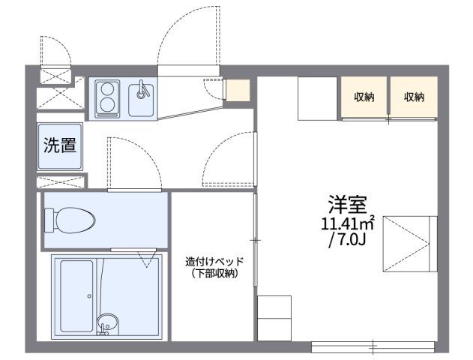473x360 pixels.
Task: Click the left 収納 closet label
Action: pos(364,97)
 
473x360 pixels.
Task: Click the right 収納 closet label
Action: pos(415,97)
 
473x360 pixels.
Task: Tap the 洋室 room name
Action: pos(348,204)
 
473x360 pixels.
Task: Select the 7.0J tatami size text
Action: pos(348,240)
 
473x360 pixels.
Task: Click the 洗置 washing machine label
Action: pos(60,145)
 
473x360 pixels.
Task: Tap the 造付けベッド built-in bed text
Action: pos(214,261)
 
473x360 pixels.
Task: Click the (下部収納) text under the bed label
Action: pos(214,273)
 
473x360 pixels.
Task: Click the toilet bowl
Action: pos(74,220)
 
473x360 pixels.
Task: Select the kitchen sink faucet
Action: pos(142,89)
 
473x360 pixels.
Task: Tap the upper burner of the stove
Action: pos(106,89)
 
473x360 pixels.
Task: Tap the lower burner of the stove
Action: pos(106,105)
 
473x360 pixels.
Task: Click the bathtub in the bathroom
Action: pos(76,296)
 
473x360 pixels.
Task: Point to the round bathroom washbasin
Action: pos(107,323)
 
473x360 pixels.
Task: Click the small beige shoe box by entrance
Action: pos(238,90)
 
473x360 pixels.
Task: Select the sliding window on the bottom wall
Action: pos(373,347)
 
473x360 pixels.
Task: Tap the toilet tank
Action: pos(49,220)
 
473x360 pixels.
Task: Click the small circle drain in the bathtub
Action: pos(89,296)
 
